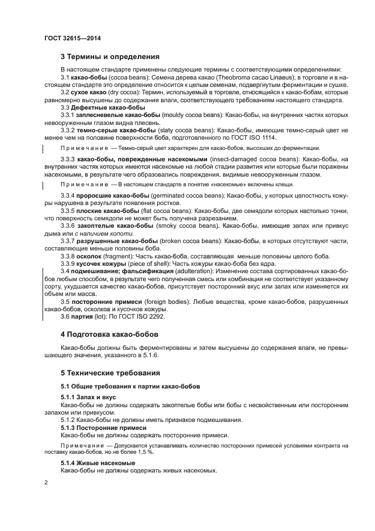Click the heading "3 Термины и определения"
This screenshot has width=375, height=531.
[109, 56]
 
